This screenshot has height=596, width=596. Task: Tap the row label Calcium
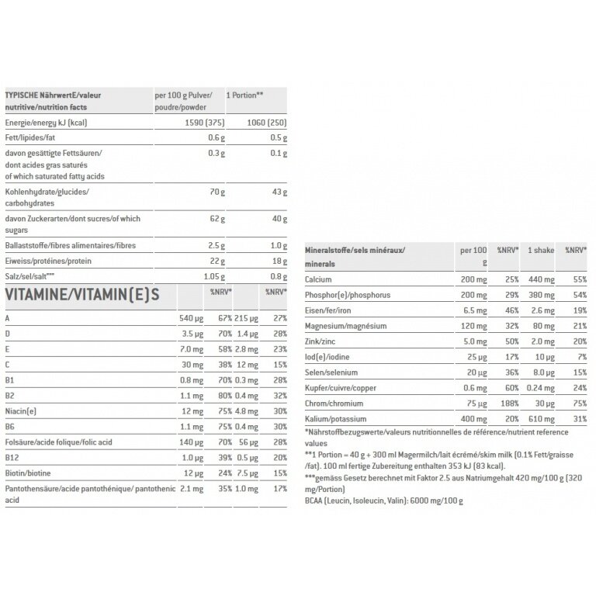319,278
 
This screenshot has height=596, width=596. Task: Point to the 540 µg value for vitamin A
191,318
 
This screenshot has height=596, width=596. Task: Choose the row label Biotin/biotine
28,472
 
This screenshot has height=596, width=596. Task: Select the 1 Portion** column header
244,95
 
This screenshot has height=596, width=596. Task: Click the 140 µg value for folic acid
190,441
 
